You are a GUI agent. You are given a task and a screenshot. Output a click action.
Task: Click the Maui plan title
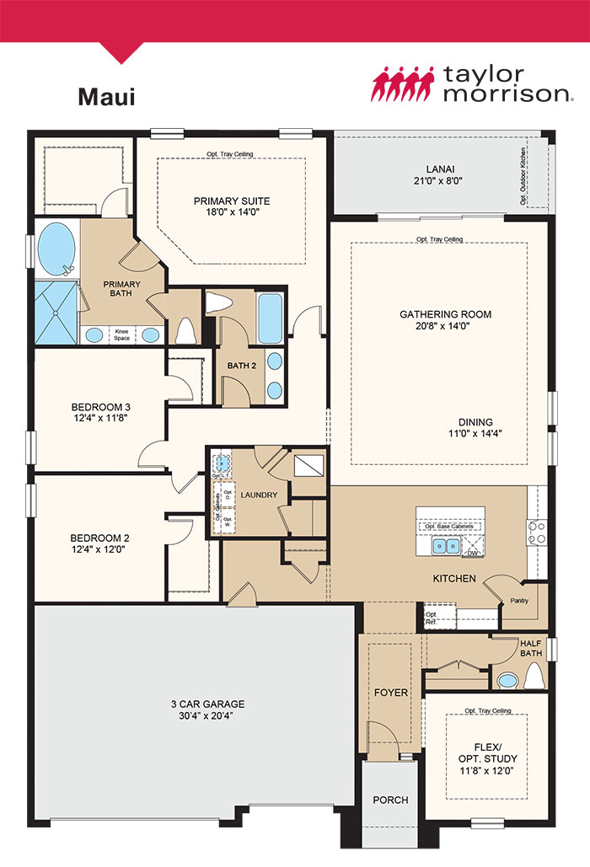click(x=106, y=96)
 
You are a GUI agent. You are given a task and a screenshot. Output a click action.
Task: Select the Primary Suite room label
click(x=232, y=201)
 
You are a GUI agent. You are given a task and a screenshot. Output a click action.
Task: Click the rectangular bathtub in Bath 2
click(x=270, y=318)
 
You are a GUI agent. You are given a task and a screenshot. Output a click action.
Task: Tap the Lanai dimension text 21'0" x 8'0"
click(x=438, y=180)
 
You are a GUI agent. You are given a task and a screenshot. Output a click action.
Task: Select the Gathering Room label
click(x=445, y=314)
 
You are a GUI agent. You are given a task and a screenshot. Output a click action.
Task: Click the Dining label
click(x=475, y=422)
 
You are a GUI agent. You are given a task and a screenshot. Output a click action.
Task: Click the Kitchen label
click(x=454, y=579)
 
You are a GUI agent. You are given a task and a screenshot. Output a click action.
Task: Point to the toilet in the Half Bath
click(x=534, y=676)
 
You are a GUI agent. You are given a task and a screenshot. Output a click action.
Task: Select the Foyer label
click(x=389, y=693)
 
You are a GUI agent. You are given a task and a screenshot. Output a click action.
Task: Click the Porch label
click(x=390, y=800)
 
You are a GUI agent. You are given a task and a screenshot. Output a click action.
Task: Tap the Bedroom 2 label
click(x=99, y=537)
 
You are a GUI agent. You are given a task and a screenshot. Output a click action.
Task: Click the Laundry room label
click(x=258, y=495)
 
